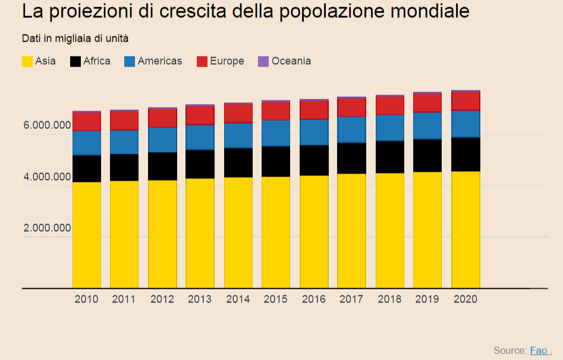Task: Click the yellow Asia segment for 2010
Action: point(87,235)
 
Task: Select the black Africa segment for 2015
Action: point(276,161)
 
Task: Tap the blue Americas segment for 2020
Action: point(466,124)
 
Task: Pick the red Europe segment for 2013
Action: point(200,115)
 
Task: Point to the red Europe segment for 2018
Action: point(390,105)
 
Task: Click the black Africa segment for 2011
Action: point(124,167)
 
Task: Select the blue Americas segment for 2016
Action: point(314,132)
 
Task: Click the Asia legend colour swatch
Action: point(27,61)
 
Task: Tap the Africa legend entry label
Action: point(96,61)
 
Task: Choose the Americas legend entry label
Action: point(159,61)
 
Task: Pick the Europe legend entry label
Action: point(227,61)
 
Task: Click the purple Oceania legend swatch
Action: point(263,61)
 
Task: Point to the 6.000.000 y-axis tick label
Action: point(47,126)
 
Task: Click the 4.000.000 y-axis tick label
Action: point(47,177)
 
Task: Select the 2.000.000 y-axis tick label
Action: point(47,228)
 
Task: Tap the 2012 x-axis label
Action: point(162,299)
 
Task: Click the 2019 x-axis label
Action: point(427,299)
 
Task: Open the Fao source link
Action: point(539,350)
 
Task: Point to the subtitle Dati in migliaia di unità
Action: point(76,39)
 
